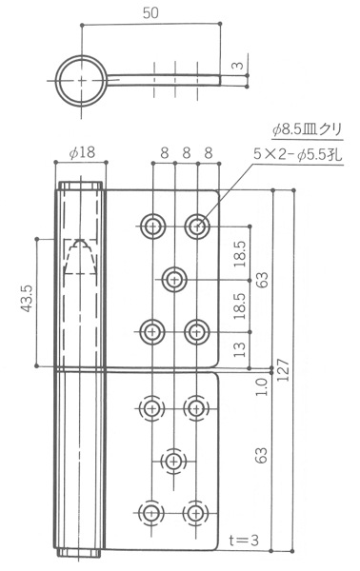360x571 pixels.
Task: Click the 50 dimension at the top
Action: tap(150, 12)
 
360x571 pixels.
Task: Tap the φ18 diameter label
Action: tap(82, 152)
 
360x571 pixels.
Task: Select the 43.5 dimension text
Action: tap(27, 299)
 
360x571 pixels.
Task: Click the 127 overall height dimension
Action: tap(283, 370)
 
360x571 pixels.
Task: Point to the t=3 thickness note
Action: tap(244, 540)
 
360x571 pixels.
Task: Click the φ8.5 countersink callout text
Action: tap(308, 129)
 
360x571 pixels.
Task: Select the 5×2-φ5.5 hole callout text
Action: tap(298, 155)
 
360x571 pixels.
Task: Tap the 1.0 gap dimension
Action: tap(262, 386)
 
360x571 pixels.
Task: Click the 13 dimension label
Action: tap(240, 350)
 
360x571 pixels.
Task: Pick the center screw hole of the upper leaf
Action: tap(174, 280)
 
